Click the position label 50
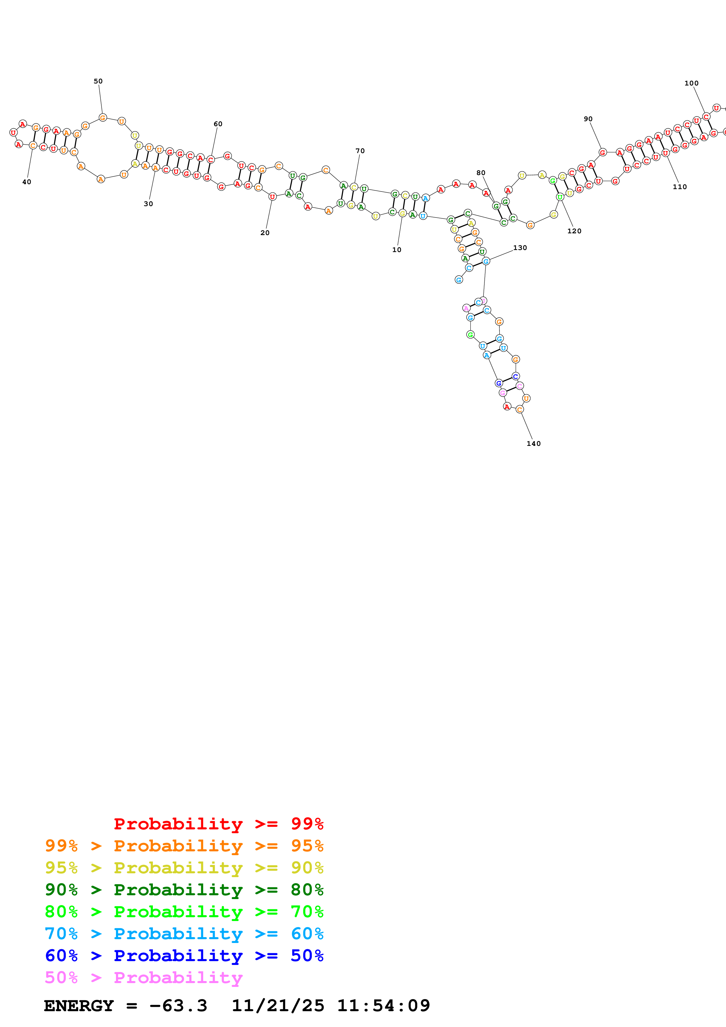[x=98, y=81]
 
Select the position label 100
[x=691, y=83]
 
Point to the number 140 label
[x=533, y=444]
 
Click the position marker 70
[x=360, y=151]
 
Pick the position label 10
[x=397, y=250]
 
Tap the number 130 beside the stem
[x=520, y=248]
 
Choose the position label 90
[x=588, y=119]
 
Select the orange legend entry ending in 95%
[x=184, y=846]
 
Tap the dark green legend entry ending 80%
[x=184, y=890]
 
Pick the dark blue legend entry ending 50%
[x=184, y=956]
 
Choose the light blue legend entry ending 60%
[x=184, y=934]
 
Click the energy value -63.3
[x=178, y=1006]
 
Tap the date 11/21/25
[x=277, y=1006]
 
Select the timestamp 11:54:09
[x=383, y=1006]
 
